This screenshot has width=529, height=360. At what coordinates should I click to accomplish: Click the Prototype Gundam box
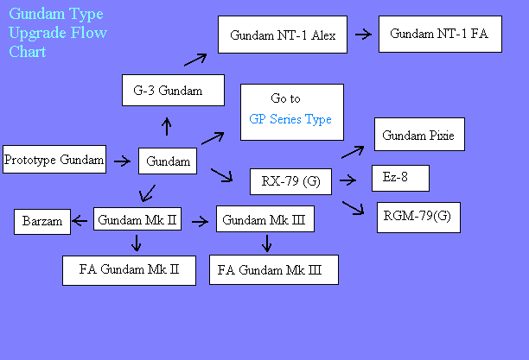click(x=54, y=160)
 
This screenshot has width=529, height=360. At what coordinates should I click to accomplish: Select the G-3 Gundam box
click(x=173, y=91)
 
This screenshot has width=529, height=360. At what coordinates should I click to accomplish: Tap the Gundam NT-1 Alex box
click(x=283, y=35)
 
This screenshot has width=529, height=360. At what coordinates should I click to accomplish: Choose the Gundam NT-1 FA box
click(x=440, y=34)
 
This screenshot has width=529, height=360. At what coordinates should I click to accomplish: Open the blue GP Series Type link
click(x=290, y=119)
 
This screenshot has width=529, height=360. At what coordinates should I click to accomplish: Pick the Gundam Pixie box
click(x=419, y=134)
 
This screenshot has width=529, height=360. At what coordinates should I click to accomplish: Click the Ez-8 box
click(x=400, y=179)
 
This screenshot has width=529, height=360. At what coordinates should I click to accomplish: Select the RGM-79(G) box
click(x=418, y=218)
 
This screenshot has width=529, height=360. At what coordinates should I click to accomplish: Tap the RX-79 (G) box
click(x=290, y=181)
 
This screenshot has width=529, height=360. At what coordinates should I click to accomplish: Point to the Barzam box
click(x=42, y=222)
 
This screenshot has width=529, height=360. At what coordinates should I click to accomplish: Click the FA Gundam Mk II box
click(x=129, y=270)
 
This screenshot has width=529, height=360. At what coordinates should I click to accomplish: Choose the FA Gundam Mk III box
click(x=274, y=269)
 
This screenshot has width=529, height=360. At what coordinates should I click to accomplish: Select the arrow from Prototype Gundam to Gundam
click(x=122, y=161)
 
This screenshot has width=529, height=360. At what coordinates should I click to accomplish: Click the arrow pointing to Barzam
click(x=80, y=221)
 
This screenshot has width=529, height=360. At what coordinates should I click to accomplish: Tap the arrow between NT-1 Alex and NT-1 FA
click(x=363, y=34)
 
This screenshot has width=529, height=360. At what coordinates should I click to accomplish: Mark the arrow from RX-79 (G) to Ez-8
click(x=347, y=180)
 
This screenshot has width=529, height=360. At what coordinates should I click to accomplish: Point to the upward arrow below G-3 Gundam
click(x=167, y=126)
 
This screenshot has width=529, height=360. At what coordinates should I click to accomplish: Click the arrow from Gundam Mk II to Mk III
click(x=200, y=222)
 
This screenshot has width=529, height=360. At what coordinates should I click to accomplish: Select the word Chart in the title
click(x=28, y=52)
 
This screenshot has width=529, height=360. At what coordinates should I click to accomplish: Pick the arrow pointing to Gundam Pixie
click(x=353, y=152)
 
